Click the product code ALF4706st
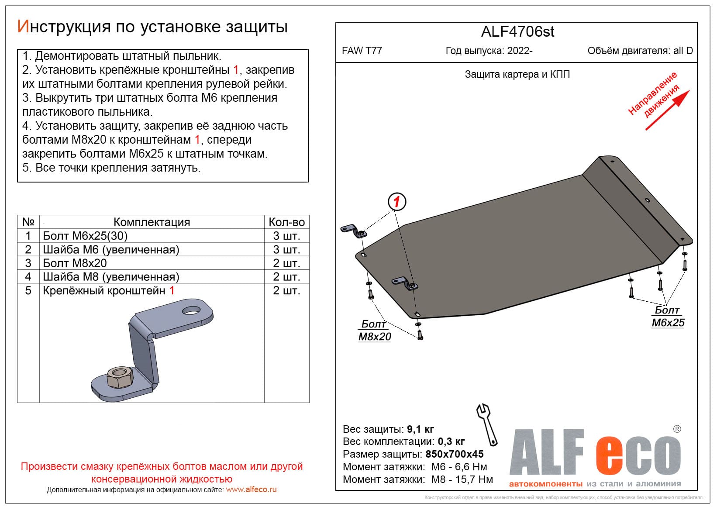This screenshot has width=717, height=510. tap(517, 32)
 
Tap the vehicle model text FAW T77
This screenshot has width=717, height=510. tap(362, 51)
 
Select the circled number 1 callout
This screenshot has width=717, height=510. tap(396, 202)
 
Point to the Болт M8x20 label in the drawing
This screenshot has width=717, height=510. tap(374, 331)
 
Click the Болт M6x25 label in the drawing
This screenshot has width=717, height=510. tap(668, 317)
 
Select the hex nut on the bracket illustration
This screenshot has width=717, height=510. tap(118, 377)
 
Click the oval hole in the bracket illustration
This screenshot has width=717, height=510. tap(191, 310)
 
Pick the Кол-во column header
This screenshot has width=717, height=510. tap(286, 222)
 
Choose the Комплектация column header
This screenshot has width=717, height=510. tap(152, 222)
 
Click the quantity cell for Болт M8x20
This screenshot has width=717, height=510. tap(286, 263)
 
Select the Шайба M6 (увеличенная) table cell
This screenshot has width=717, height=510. tap(111, 249)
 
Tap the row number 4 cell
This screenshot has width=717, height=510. tap(28, 276)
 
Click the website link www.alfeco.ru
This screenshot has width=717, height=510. tap(251, 489)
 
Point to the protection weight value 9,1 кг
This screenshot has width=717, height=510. tap(421, 429)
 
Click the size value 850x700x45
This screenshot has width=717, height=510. tap(455, 454)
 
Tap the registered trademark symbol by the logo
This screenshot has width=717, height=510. tap(677, 429)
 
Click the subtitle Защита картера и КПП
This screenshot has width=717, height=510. tap(517, 74)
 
